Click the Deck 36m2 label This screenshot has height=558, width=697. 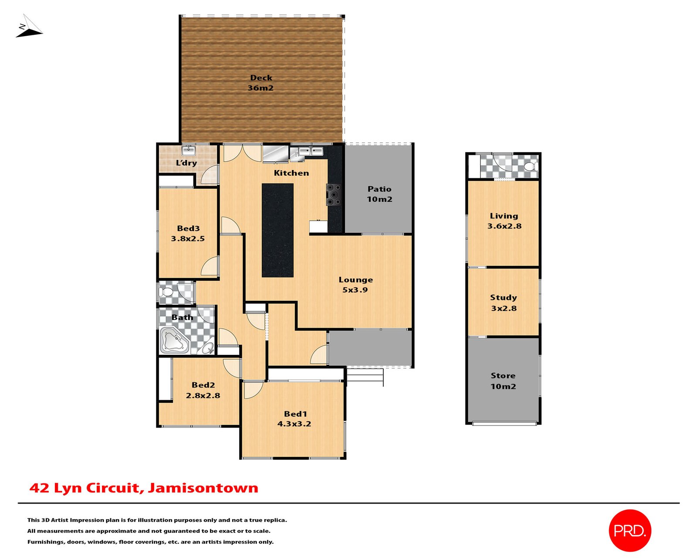261,83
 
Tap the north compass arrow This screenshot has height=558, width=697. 29,26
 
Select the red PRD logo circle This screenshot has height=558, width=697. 629,531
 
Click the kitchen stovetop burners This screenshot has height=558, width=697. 334,194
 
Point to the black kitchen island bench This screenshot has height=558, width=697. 277,230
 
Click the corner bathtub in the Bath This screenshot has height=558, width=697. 175,340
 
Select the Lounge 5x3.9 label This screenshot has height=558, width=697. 355,284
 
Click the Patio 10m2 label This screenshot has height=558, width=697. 379,194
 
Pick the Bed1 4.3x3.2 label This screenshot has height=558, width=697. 294,418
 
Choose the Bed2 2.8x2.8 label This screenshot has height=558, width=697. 203,390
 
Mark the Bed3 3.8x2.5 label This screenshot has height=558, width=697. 188,234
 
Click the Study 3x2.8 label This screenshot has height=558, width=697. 503,303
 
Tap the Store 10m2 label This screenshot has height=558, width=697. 503,381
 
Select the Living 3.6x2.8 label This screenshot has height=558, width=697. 504,221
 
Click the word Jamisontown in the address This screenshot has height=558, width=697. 203,488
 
